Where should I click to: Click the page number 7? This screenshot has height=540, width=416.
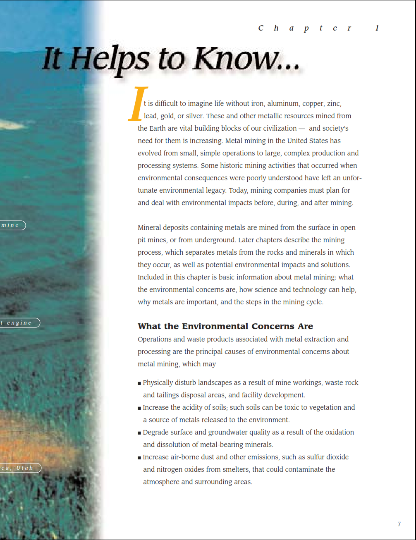click(399, 524)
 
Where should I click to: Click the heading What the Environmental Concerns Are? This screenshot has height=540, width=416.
click(225, 326)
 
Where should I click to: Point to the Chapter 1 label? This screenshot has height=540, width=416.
click(318, 28)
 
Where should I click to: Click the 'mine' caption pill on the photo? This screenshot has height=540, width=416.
click(12, 225)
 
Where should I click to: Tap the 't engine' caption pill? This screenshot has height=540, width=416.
click(19, 323)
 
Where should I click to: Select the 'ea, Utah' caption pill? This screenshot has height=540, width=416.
click(19, 468)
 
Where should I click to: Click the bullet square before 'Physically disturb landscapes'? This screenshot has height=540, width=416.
click(139, 383)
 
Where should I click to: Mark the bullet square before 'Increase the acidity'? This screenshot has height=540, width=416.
click(139, 408)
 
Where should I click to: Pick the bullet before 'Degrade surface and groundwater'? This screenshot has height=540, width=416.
click(139, 433)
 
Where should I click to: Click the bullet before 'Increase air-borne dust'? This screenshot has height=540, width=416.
click(139, 458)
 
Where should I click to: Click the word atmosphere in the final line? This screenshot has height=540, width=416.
click(162, 482)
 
